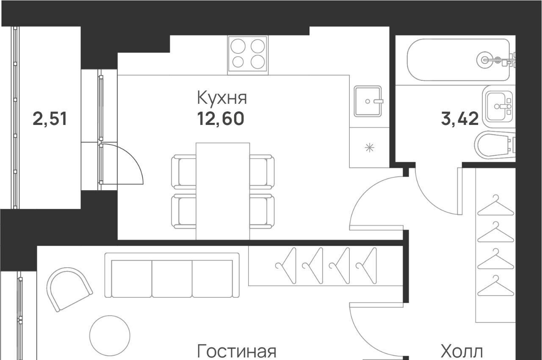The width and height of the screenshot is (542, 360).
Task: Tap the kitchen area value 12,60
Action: [221, 119]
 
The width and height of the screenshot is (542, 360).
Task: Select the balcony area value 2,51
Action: [50, 119]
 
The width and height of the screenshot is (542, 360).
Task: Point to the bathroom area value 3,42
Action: [460, 119]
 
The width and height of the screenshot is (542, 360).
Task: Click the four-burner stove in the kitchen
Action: [248, 55]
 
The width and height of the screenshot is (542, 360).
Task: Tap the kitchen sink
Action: [368, 101]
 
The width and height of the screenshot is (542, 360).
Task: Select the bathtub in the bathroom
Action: [459, 60]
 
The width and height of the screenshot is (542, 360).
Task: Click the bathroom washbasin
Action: [498, 106]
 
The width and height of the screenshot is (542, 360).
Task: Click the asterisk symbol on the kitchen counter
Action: [370, 147]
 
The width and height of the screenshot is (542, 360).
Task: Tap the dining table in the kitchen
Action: [223, 191]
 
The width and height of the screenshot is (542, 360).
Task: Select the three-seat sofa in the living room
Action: [172, 275]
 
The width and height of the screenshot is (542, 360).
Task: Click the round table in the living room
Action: [110, 335]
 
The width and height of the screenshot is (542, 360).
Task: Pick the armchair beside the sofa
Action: [69, 289]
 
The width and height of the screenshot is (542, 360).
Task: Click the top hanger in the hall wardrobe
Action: [495, 206]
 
